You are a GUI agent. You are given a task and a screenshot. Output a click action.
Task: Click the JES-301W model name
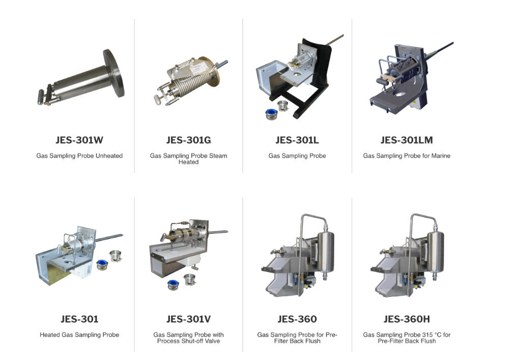(79, 140)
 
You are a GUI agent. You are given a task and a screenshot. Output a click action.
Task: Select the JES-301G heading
(188, 140)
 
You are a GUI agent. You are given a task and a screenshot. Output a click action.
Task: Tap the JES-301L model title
(297, 140)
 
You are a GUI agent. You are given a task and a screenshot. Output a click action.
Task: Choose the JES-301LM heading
(407, 140)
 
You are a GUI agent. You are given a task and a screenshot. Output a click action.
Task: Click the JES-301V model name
(188, 319)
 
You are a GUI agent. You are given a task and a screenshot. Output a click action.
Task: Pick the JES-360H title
(407, 319)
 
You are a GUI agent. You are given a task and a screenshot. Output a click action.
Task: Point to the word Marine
(441, 156)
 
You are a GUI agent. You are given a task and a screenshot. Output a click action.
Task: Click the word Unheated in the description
(109, 156)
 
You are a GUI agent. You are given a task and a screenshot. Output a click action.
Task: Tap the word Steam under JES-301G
(218, 156)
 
